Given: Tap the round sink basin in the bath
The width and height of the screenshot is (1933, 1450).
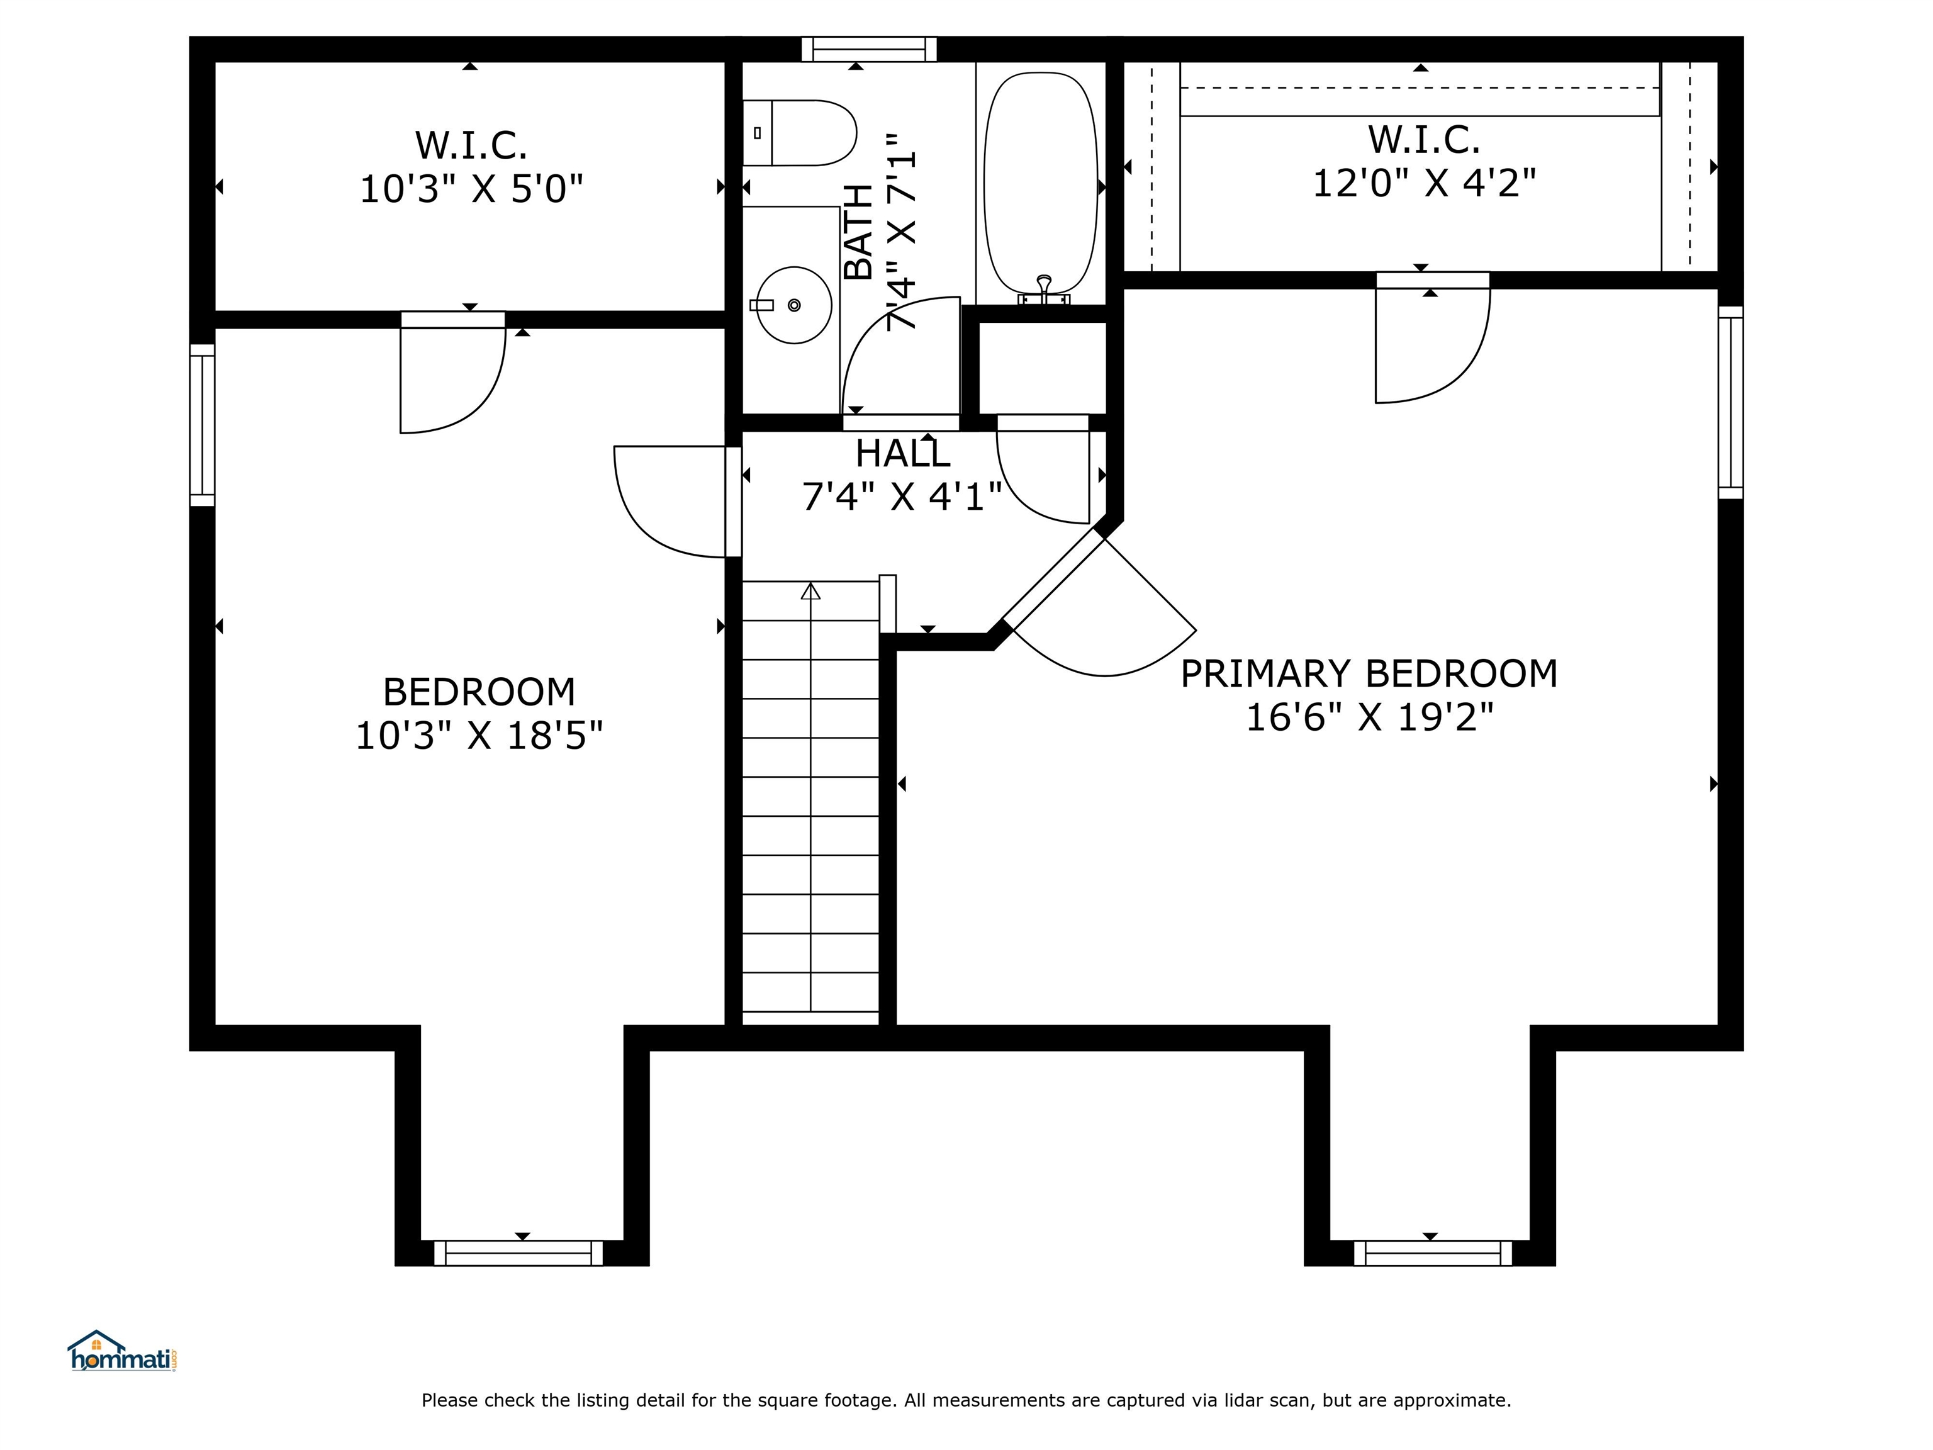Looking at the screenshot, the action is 793,305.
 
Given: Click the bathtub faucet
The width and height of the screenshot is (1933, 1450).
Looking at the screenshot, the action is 1043,290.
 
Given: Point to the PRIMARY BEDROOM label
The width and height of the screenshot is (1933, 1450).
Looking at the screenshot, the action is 1369,674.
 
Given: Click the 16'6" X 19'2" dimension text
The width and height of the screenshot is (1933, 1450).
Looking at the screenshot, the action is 1369,717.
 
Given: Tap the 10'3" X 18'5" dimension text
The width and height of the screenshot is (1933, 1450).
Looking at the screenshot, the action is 479,735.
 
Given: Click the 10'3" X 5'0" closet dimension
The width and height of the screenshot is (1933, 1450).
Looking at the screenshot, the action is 471,188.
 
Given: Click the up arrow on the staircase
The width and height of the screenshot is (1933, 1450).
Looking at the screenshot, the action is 811,591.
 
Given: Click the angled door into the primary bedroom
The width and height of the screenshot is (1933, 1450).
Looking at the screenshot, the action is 1099,603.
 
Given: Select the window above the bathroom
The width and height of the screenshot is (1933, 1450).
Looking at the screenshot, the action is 870,49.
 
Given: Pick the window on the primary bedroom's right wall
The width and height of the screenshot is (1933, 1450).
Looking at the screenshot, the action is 1730,402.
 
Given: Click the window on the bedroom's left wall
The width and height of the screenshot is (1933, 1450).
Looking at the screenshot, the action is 203,425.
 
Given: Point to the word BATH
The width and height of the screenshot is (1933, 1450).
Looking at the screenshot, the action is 859,232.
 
